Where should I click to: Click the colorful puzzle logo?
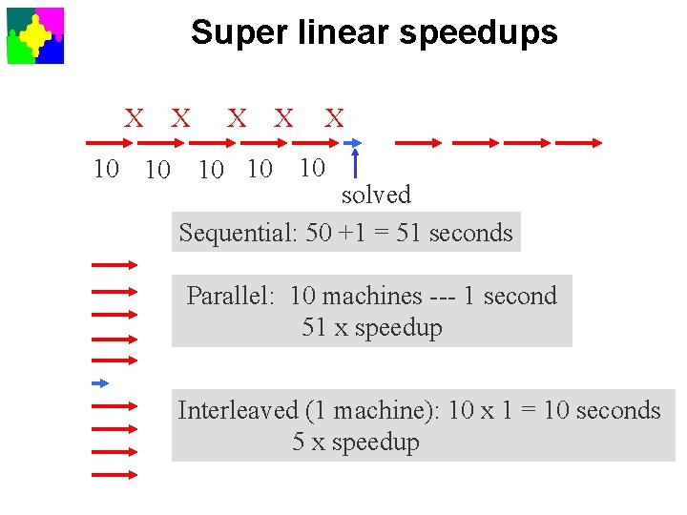coord(35,35)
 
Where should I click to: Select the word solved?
coord(376,195)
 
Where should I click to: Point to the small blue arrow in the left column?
coord(100,383)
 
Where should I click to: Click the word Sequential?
coord(237,233)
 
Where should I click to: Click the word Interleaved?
coord(238,410)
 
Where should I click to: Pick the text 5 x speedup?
coord(356,443)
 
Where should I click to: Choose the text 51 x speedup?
coord(372,328)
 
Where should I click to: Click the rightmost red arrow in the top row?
coord(578,143)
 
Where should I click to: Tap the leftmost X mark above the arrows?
coord(134,118)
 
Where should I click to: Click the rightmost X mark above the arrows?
coord(334,118)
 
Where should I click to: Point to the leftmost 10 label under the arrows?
coord(106,170)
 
